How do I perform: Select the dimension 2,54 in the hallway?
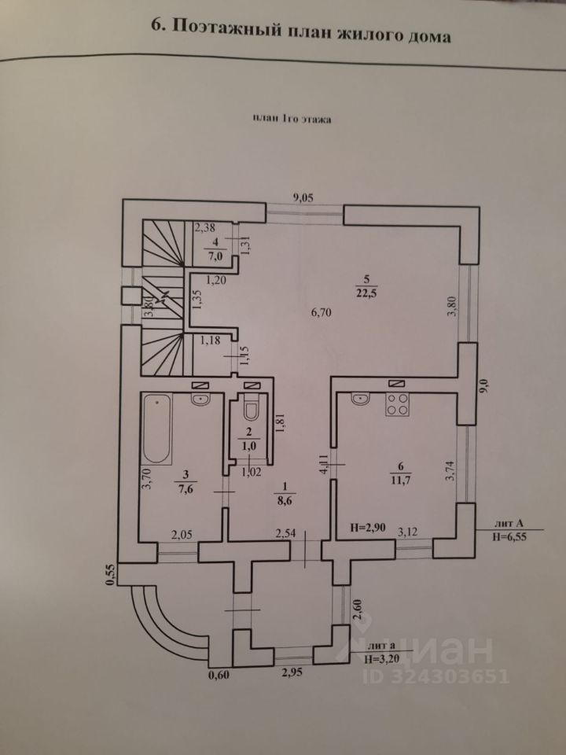[x=286, y=535]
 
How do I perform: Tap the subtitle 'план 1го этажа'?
[x=291, y=120]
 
